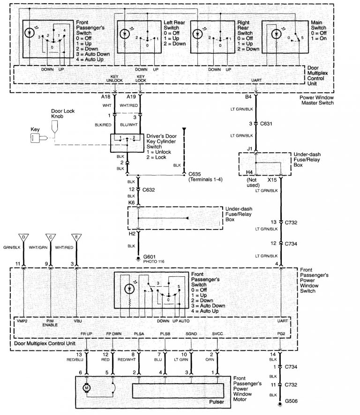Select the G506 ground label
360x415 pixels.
292,401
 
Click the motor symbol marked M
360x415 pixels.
86,388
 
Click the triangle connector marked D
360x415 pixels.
23,237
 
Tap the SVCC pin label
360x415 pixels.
217,334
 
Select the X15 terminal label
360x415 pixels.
271,179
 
